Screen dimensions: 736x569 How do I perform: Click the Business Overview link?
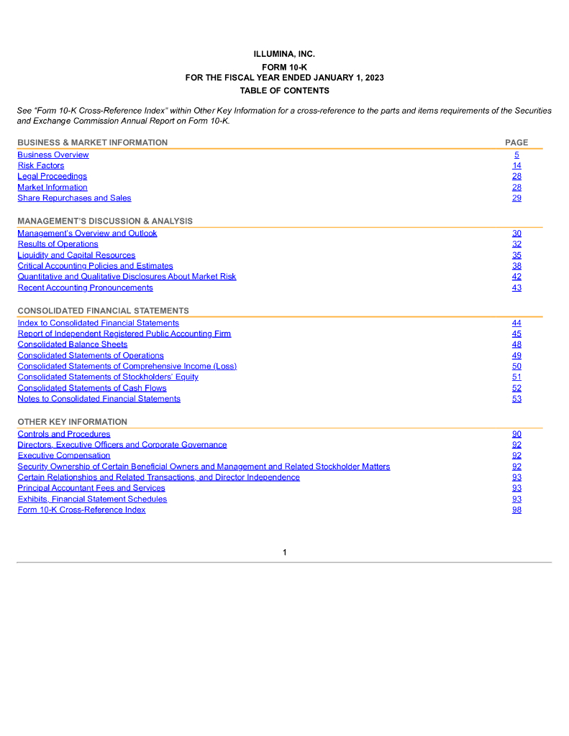pyautogui.click(x=53, y=155)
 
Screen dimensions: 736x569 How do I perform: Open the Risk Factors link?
pyautogui.click(x=41, y=165)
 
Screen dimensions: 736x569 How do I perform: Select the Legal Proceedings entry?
pyautogui.click(x=52, y=176)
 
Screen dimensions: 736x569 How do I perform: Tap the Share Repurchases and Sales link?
pyautogui.click(x=74, y=198)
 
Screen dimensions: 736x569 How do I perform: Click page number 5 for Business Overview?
pyautogui.click(x=516, y=155)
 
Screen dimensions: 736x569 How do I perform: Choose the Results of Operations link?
pyautogui.click(x=58, y=244)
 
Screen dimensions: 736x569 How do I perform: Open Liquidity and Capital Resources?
pyautogui.click(x=76, y=255)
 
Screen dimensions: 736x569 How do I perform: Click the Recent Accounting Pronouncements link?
pyautogui.click(x=85, y=287)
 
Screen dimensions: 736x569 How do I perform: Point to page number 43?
pyautogui.click(x=516, y=287)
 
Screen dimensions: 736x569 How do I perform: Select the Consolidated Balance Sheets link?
pyautogui.click(x=72, y=344)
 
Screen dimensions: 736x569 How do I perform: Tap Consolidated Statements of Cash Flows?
pyautogui.click(x=92, y=388)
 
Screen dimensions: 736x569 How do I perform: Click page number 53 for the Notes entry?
pyautogui.click(x=516, y=399)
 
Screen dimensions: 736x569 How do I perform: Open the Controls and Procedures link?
pyautogui.click(x=64, y=433)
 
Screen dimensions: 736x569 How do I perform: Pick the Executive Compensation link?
pyautogui.click(x=64, y=455)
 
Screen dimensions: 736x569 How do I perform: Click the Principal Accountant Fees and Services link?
pyautogui.click(x=91, y=488)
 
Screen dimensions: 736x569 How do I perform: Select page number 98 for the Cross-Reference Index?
pyautogui.click(x=516, y=510)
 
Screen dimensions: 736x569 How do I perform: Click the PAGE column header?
pyautogui.click(x=516, y=142)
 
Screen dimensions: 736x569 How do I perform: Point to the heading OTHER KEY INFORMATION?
pyautogui.click(x=72, y=422)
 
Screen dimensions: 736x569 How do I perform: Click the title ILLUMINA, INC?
pyautogui.click(x=284, y=55)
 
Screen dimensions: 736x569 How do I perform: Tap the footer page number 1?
pyautogui.click(x=285, y=552)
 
